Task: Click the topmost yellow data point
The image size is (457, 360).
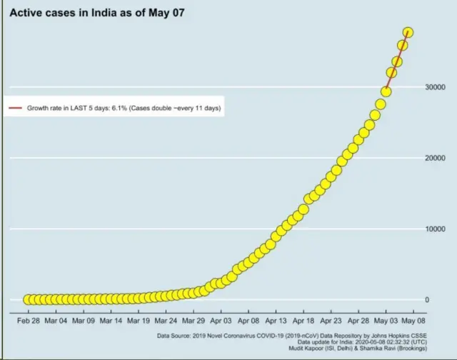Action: (408, 32)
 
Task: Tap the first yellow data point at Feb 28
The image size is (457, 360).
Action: (29, 299)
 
